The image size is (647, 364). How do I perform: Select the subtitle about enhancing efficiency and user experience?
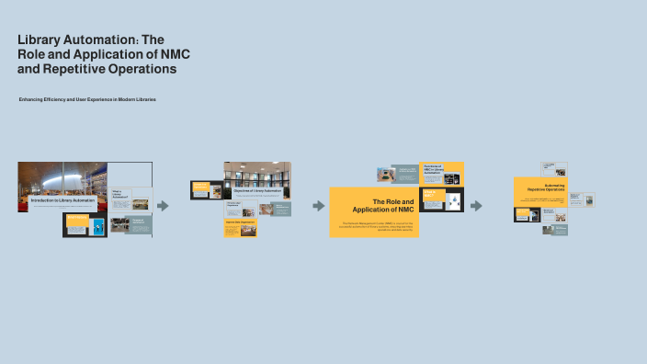click(87, 99)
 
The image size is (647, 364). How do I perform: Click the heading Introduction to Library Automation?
click(62, 199)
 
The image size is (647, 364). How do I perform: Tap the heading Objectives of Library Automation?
click(257, 190)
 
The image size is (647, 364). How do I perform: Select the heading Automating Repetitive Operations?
click(546, 187)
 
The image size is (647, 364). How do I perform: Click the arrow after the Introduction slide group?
click(163, 206)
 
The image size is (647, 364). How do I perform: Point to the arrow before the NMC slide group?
click(319, 206)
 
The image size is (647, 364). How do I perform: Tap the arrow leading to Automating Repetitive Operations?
click(476, 206)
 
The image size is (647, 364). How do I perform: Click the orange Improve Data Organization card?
click(238, 228)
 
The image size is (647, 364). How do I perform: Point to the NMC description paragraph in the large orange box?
click(374, 225)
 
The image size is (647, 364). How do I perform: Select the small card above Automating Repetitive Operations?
click(554, 168)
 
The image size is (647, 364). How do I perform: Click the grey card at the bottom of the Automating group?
click(554, 230)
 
